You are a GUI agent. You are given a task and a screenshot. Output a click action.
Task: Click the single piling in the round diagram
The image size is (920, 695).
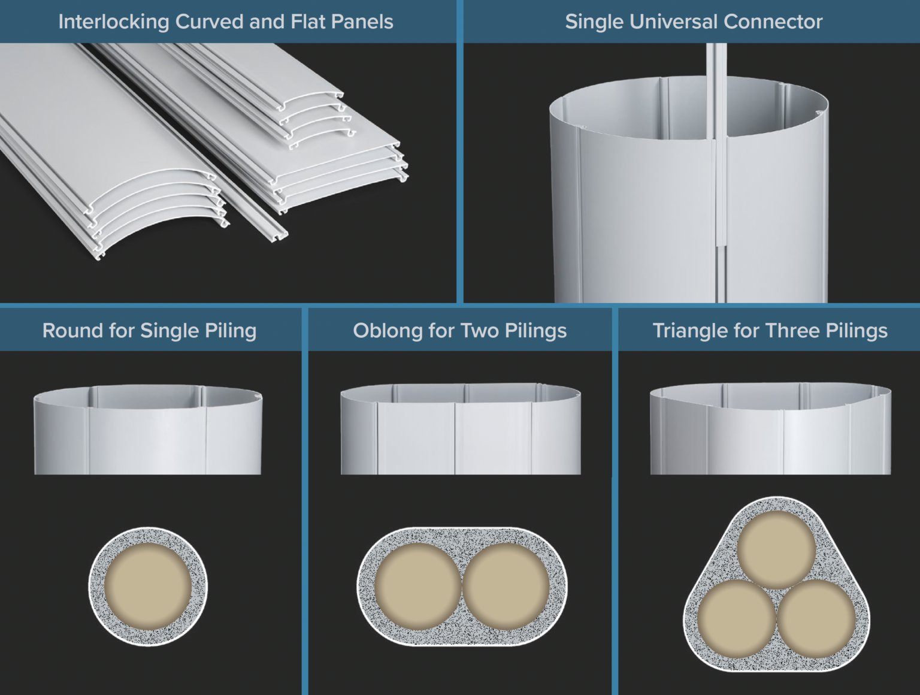click(148, 587)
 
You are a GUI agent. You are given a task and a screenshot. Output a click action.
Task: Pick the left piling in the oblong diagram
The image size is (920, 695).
click(418, 586)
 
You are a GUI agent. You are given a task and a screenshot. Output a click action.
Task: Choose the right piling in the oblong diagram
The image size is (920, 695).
click(506, 586)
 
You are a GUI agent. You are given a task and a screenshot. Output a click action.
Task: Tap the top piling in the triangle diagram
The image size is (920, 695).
click(776, 549)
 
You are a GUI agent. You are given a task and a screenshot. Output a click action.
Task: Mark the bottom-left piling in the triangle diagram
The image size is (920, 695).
click(737, 618)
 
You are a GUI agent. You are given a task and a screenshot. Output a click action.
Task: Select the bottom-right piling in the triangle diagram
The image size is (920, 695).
click(816, 618)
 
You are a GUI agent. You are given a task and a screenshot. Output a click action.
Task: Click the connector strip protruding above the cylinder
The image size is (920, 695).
click(716, 60)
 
